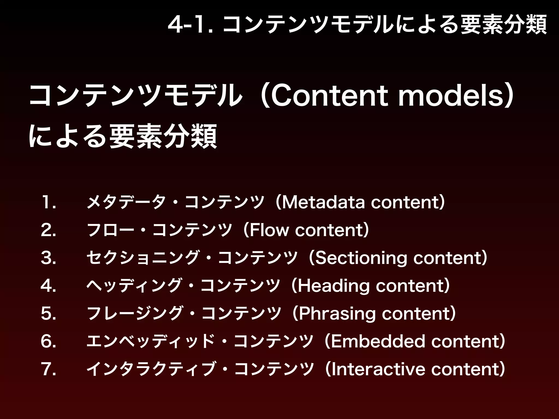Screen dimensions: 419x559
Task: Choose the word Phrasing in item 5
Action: tap(337, 314)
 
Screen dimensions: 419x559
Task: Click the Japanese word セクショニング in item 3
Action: tap(142, 258)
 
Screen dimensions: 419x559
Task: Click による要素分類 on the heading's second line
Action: tap(123, 136)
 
